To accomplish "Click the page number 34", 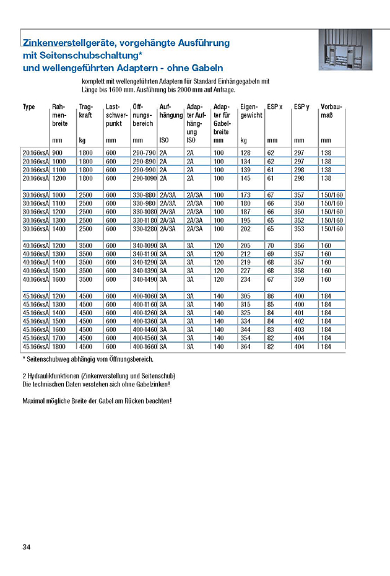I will pyautogui.click(x=26, y=547).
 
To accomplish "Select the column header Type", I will pyautogui.click(x=29, y=107).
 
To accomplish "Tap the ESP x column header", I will pyautogui.click(x=275, y=107).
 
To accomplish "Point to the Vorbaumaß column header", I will pyautogui.click(x=332, y=111).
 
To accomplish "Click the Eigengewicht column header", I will pyautogui.click(x=251, y=111).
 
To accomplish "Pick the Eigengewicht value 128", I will pyautogui.click(x=246, y=152).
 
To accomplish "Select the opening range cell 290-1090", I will pyautogui.click(x=144, y=178).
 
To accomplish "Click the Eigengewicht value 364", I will pyautogui.click(x=246, y=347).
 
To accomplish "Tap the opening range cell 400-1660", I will pyautogui.click(x=144, y=347).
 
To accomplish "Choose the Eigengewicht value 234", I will pyautogui.click(x=246, y=279).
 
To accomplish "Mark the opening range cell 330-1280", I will pyautogui.click(x=144, y=229).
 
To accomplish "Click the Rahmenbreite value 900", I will pyautogui.click(x=58, y=152).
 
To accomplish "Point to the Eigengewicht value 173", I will pyautogui.click(x=246, y=195).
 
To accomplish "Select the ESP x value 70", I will pyautogui.click(x=271, y=246).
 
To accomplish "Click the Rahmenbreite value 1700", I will pyautogui.click(x=59, y=338).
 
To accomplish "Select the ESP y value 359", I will pyautogui.click(x=299, y=279).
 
